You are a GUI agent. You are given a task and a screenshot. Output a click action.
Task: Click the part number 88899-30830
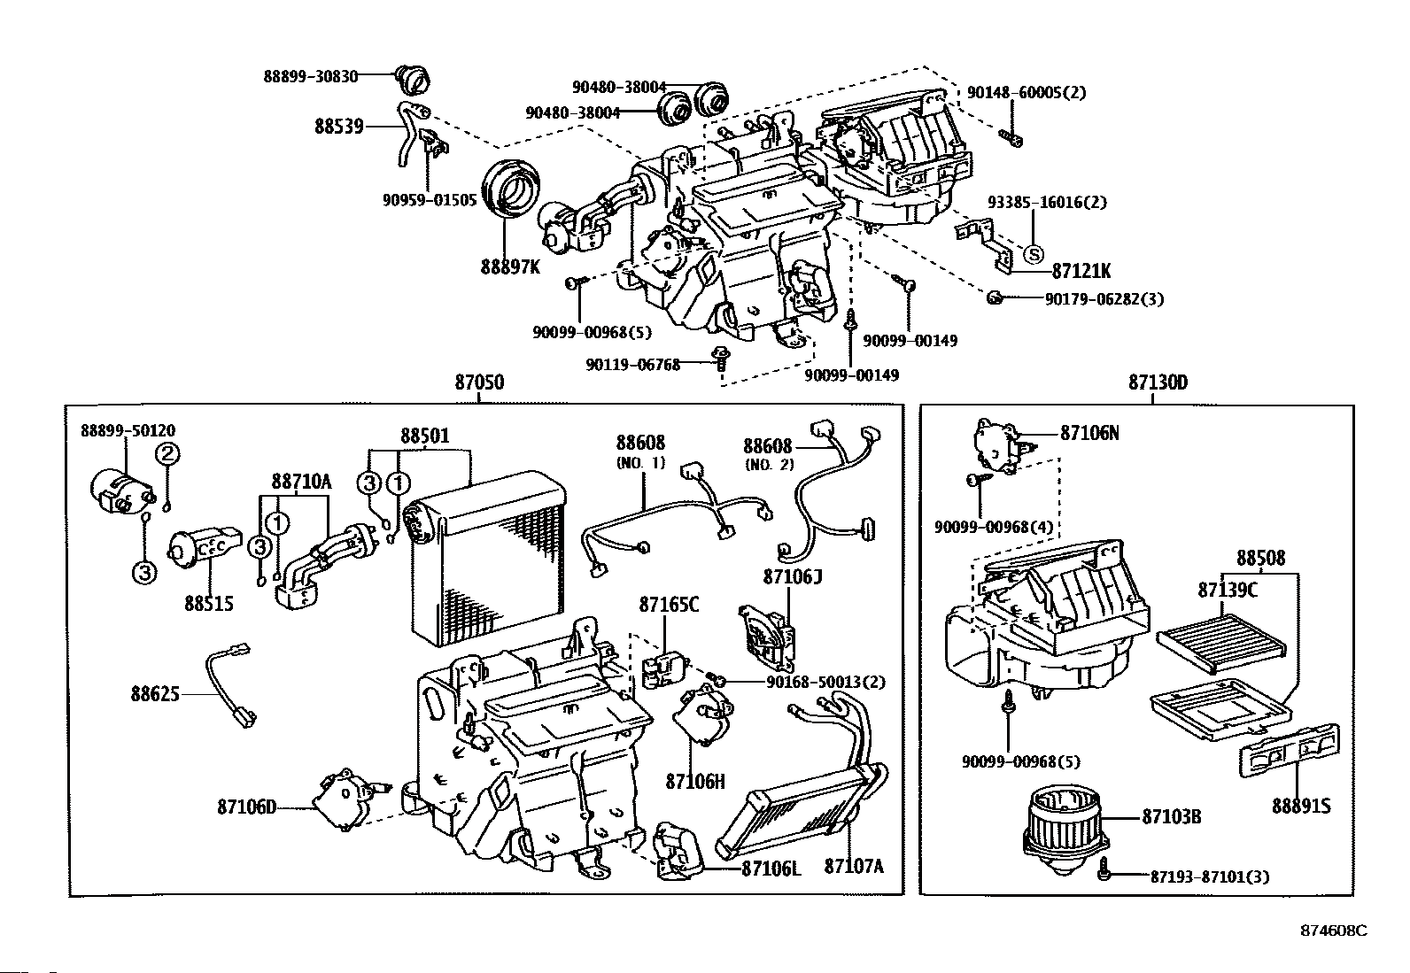point(310,76)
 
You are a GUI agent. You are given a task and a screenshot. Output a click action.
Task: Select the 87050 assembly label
point(480,382)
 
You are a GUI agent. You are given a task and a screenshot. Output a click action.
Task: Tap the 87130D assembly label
point(1158,382)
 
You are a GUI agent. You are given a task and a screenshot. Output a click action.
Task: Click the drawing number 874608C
point(1334,931)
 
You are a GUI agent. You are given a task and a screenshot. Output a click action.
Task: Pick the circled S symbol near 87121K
point(1034,254)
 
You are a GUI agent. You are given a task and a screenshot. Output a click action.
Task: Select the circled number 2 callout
point(168,454)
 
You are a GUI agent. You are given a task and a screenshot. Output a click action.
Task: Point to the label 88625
point(155,693)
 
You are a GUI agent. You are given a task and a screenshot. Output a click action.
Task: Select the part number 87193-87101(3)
point(1209,876)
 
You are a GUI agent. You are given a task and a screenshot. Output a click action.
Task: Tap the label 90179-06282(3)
point(1104,299)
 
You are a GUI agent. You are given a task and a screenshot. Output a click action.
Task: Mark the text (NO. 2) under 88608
point(770,465)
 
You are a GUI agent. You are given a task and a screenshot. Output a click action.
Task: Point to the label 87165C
point(669,604)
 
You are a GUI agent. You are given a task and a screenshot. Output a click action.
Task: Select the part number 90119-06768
point(632,365)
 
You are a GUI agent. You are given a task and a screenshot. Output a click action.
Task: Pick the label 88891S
point(1301,807)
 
